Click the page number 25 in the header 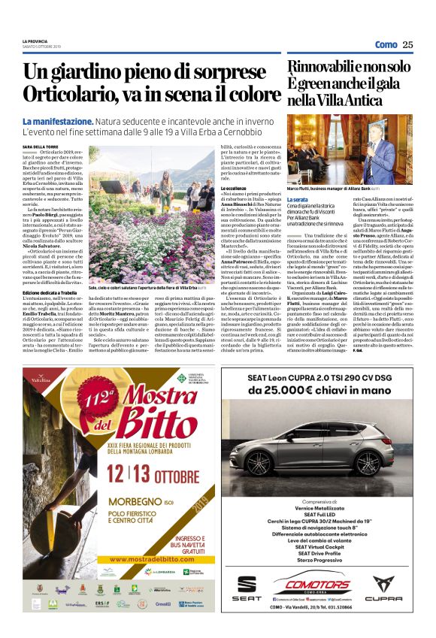coord(407,44)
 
